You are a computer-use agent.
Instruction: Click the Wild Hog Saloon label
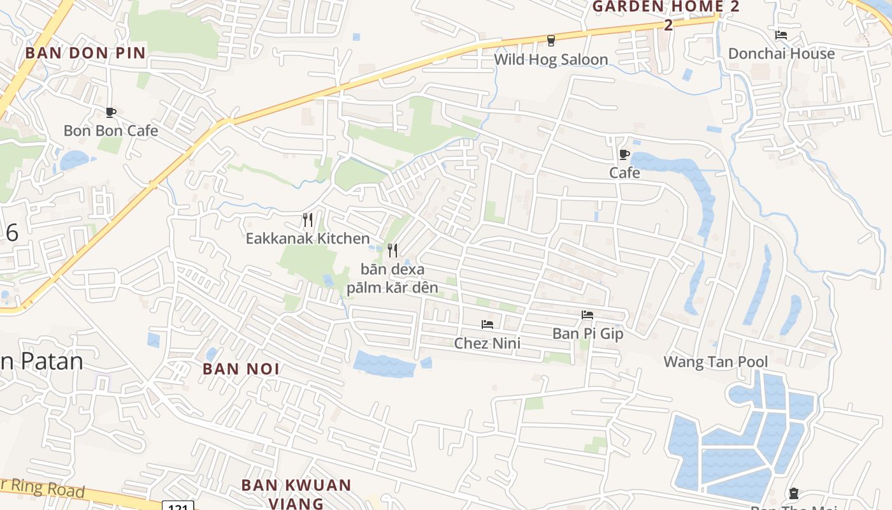pyautogui.click(x=551, y=60)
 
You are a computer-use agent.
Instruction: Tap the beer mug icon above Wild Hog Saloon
pyautogui.click(x=551, y=40)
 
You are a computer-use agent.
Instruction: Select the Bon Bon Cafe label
pyautogui.click(x=111, y=131)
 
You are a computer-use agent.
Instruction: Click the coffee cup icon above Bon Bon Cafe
pyautogui.click(x=110, y=113)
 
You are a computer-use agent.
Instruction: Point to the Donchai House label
pyautogui.click(x=781, y=54)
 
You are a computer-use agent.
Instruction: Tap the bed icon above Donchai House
pyautogui.click(x=781, y=35)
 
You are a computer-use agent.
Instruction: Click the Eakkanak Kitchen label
pyautogui.click(x=308, y=239)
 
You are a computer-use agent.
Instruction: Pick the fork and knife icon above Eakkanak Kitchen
pyautogui.click(x=308, y=220)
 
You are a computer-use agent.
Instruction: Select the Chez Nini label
pyautogui.click(x=487, y=344)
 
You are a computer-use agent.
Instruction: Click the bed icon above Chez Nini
pyautogui.click(x=487, y=324)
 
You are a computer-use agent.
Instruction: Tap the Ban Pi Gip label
pyautogui.click(x=587, y=333)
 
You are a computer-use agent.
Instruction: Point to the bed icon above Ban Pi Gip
pyautogui.click(x=587, y=315)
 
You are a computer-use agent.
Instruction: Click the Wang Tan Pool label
pyautogui.click(x=716, y=362)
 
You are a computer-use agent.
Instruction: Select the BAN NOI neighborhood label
pyautogui.click(x=241, y=369)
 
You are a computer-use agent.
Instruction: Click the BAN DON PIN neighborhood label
pyautogui.click(x=85, y=53)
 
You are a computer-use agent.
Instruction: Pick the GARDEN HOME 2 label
pyautogui.click(x=666, y=8)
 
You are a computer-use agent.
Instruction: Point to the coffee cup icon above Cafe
pyautogui.click(x=624, y=154)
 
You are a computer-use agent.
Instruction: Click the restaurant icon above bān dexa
pyautogui.click(x=392, y=250)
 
